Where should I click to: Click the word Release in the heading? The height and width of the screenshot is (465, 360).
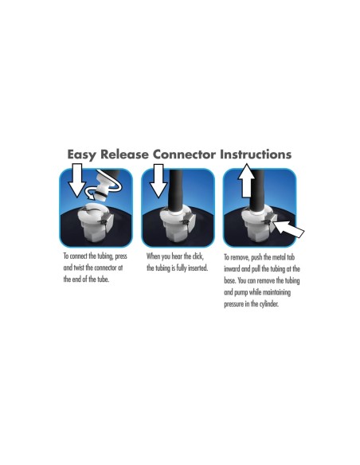124,154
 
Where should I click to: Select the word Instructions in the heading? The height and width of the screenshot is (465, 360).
256,154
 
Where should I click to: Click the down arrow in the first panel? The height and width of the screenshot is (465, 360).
76,180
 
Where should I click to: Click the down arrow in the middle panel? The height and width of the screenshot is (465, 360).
158,180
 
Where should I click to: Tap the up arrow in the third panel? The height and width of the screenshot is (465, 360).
246,180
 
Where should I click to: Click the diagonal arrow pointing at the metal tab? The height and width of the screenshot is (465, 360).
288,229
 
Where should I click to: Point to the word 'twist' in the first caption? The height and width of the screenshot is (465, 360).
79,268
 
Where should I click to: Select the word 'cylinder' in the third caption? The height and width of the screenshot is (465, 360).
269,304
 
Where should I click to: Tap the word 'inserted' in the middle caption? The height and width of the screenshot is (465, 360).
198,268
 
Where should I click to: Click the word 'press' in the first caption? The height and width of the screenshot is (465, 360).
121,256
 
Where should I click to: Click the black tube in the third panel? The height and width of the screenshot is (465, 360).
257,190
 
